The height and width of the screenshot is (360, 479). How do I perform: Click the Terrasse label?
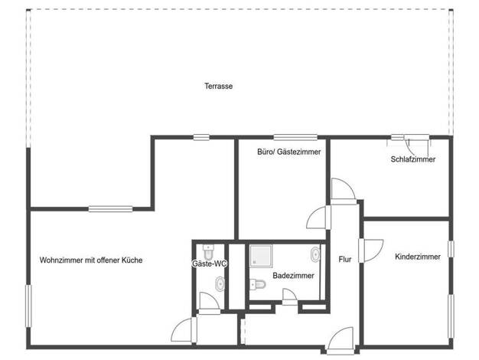[x=218, y=87]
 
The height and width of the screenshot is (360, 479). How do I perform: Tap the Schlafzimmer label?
[x=413, y=159]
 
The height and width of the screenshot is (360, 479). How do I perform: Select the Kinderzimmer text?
[x=418, y=257]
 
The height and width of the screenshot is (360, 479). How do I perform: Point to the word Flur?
[x=345, y=260]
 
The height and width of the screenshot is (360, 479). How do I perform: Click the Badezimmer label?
[x=293, y=276]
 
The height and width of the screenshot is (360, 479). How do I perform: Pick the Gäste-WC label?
[x=210, y=263]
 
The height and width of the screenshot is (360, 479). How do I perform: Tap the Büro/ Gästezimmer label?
[x=289, y=152]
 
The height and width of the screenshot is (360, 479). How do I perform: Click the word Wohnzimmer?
[x=61, y=260]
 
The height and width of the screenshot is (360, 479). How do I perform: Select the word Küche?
[x=132, y=260]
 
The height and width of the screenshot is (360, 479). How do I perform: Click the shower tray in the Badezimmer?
[x=261, y=256]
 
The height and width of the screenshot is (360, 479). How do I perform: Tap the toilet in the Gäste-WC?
[x=209, y=252]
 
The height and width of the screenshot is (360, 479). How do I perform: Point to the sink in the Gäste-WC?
[x=220, y=284]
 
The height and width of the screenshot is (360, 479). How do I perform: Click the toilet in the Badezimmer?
[x=258, y=284]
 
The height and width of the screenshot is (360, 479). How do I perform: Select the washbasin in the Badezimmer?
[x=315, y=254]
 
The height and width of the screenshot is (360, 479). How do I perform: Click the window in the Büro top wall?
[x=295, y=137]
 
